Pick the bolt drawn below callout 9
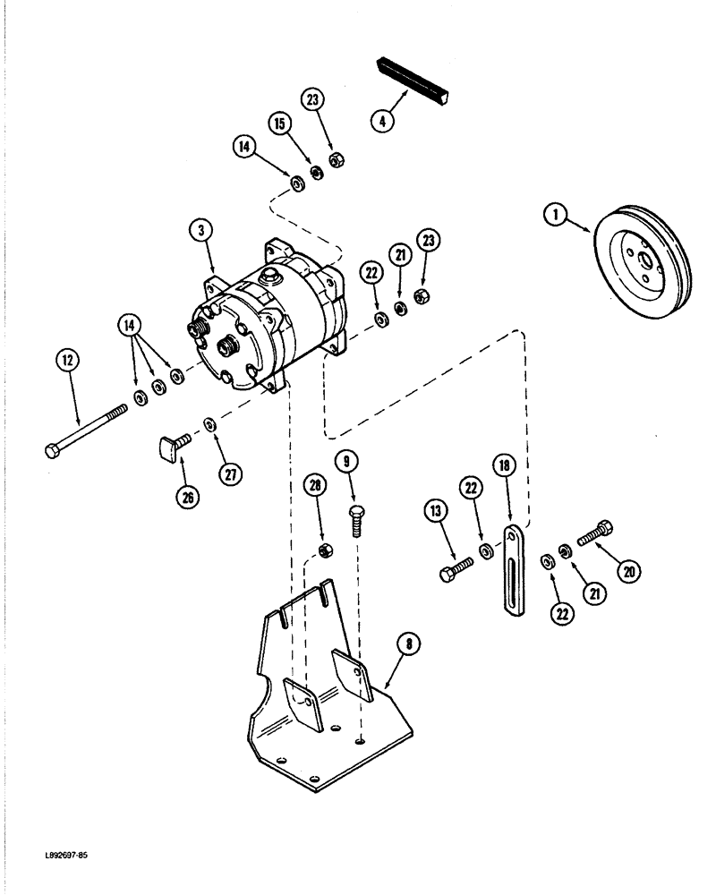tap(356, 518)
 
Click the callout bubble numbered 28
tap(314, 484)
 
